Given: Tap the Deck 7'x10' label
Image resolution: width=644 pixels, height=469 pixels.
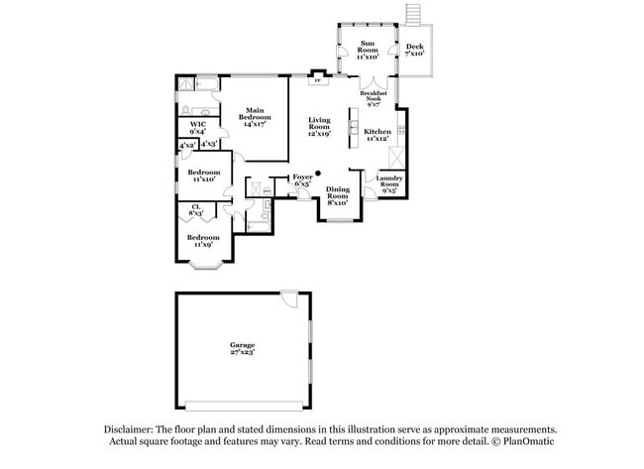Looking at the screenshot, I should click(414, 50).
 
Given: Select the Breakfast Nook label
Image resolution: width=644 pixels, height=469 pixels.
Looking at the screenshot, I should click(373, 97).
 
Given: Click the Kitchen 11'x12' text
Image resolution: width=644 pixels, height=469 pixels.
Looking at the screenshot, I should click(377, 135).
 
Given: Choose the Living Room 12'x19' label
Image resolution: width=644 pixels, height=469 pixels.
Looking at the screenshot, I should click(318, 125).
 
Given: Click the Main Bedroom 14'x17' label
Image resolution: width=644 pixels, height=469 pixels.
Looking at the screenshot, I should click(255, 118).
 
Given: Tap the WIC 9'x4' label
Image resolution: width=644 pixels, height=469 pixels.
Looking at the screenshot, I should click(197, 127).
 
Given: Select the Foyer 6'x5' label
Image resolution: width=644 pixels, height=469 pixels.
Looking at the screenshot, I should click(302, 180).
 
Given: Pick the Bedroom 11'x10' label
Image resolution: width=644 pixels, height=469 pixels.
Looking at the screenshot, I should click(203, 176).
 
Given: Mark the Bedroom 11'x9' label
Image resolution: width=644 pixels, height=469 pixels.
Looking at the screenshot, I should click(203, 241).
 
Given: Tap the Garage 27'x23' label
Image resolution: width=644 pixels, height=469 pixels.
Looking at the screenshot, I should click(243, 349).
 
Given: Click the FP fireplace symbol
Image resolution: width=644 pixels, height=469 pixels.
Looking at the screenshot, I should click(317, 82).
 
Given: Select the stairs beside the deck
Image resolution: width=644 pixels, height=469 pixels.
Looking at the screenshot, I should click(414, 14).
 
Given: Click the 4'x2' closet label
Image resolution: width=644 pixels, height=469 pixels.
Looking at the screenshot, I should click(186, 145).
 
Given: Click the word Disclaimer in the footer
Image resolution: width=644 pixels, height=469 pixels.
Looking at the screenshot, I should click(133, 428).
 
